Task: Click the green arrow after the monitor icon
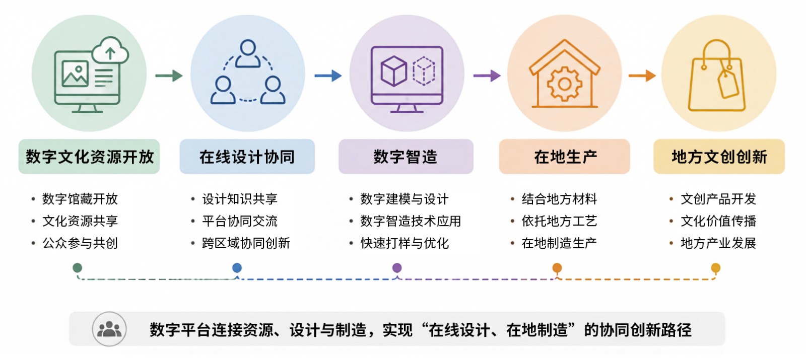coord(169,76)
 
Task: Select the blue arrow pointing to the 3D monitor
coord(328,76)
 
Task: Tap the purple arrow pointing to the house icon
coord(487,76)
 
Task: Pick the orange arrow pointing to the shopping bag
coord(642,76)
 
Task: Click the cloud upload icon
coord(110,51)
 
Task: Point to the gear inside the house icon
coord(565,85)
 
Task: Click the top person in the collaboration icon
coord(248,53)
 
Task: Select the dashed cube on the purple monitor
coord(424,71)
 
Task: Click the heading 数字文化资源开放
coord(89,157)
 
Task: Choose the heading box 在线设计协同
coord(247,157)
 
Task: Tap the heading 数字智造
coord(406,157)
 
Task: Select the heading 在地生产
coord(565,157)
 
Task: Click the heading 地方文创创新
coord(719,157)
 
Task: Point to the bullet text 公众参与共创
coord(80,243)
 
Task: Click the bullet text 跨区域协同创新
coord(246,243)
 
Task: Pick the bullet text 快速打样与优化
coord(405,243)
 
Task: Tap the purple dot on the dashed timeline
coord(397,267)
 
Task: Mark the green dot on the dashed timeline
coord(78,267)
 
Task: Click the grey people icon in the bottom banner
coord(109,329)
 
